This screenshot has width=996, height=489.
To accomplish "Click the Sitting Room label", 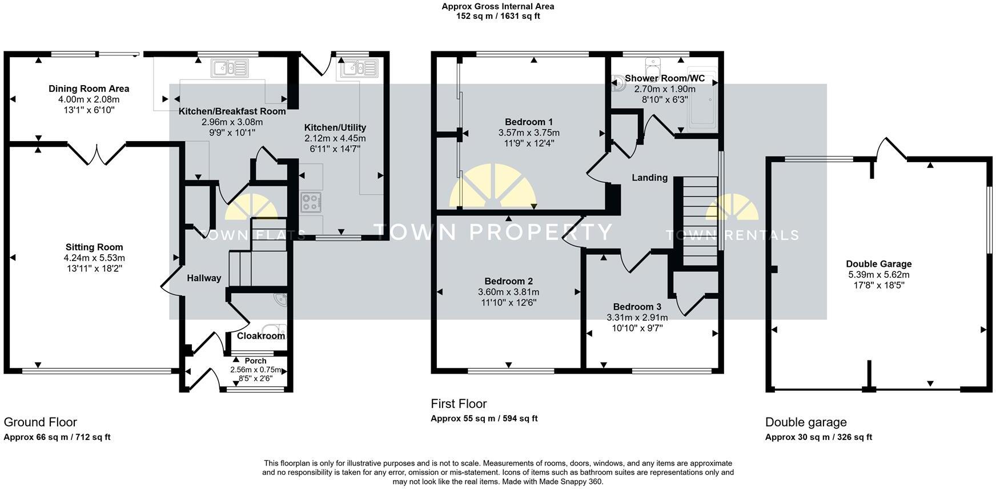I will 94,247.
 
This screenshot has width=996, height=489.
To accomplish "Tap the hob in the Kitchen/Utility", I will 311,203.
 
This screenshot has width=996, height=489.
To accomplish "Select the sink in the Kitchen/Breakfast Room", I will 229,69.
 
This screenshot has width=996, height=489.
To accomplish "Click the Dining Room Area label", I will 89,89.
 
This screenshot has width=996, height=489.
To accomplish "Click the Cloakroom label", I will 261,336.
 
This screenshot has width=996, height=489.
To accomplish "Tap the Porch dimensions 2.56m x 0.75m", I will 255,370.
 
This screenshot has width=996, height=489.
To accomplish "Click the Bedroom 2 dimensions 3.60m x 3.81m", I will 508,292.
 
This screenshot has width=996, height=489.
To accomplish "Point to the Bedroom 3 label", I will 637,307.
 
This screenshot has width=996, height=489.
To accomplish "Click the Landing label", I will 649,178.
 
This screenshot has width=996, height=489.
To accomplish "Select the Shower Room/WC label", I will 665,78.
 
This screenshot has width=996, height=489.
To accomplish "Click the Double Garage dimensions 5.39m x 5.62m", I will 878,275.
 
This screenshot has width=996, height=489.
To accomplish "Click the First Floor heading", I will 459,404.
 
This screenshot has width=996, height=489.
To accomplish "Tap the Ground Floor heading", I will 40,422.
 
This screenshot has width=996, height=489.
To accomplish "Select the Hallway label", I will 204,278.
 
